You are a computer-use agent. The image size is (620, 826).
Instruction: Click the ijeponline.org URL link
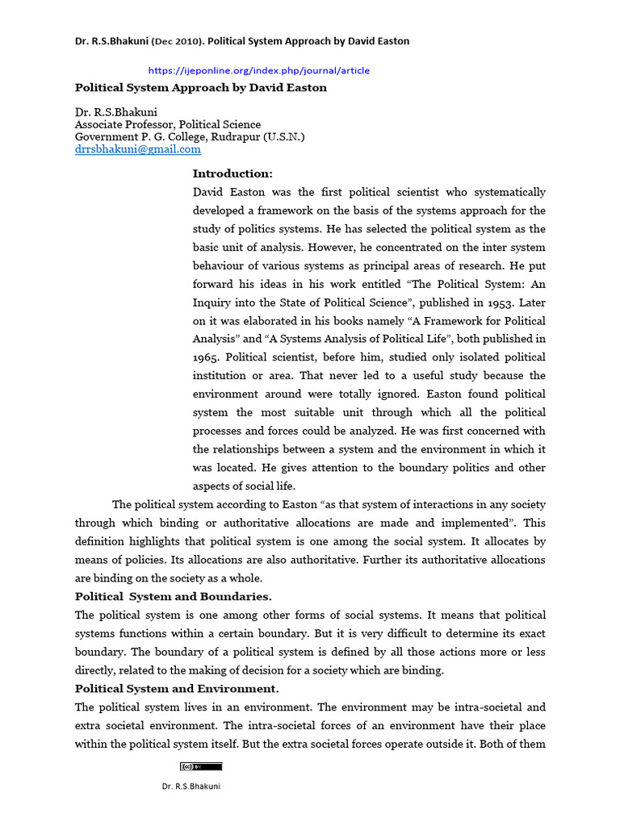[x=259, y=70]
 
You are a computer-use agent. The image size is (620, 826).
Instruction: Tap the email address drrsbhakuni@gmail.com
[x=137, y=149]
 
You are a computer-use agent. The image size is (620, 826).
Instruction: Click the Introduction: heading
[x=232, y=173]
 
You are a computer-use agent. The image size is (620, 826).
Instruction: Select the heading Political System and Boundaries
[x=174, y=597]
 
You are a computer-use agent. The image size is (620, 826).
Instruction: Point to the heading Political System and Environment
[x=177, y=689]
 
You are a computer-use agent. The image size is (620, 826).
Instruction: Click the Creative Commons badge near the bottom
[x=200, y=766]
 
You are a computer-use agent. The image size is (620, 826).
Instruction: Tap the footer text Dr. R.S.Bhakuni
[x=191, y=787]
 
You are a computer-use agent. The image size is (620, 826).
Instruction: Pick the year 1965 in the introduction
[x=207, y=357]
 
